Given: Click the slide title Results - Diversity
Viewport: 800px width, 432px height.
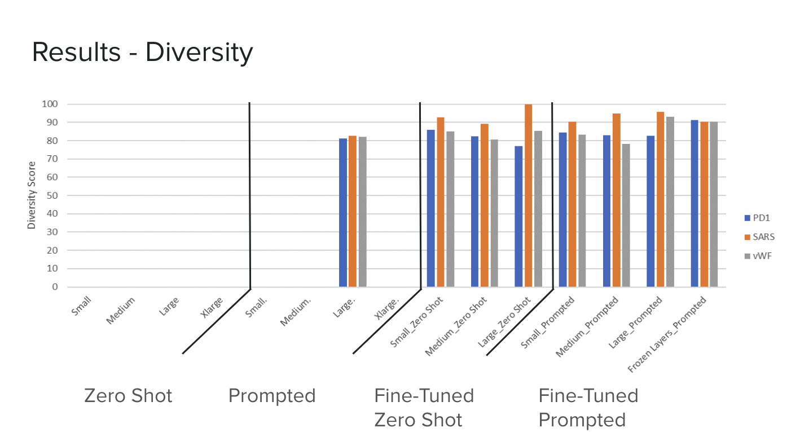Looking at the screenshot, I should pos(142,53).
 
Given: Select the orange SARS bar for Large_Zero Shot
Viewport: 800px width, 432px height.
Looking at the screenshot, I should pos(528,195).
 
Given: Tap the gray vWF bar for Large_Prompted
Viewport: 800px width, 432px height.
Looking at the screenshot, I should pos(670,202).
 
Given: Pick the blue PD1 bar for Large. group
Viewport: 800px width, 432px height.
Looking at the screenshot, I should pos(342,212).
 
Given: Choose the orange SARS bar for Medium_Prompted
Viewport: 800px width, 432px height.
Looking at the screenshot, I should pos(616,200).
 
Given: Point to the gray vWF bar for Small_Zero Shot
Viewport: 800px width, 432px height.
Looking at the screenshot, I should pos(450,209).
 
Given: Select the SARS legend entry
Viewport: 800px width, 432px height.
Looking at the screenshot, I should pos(759,237).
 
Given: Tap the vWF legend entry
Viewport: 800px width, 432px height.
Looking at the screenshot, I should pos(759,256).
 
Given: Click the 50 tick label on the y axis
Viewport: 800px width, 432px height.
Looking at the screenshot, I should pos(52,196).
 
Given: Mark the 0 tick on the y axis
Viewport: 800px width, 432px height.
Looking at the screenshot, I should pos(55,287).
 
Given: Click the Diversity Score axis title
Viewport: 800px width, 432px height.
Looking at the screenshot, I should pos(32,195).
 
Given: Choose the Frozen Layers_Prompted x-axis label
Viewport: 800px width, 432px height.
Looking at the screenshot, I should pos(667,335).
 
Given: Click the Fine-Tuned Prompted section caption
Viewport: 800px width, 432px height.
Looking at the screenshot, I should pos(588,408).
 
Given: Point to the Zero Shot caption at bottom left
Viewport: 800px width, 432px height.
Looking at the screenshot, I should pos(128,396).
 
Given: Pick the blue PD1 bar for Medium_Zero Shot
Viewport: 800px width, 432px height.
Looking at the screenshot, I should pos(474,211).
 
